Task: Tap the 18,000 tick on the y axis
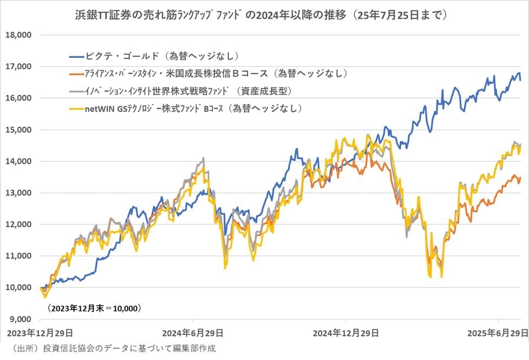(19, 35)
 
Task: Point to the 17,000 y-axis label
(19, 67)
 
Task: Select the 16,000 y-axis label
(19, 98)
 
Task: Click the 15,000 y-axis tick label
(19, 130)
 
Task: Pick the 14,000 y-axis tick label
(19, 161)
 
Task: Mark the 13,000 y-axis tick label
(19, 193)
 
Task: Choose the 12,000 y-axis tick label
(19, 224)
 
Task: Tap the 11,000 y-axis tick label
(19, 256)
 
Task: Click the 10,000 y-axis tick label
(19, 287)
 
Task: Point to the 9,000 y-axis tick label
(21, 319)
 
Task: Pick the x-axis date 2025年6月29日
(498, 332)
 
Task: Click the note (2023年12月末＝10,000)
(93, 308)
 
